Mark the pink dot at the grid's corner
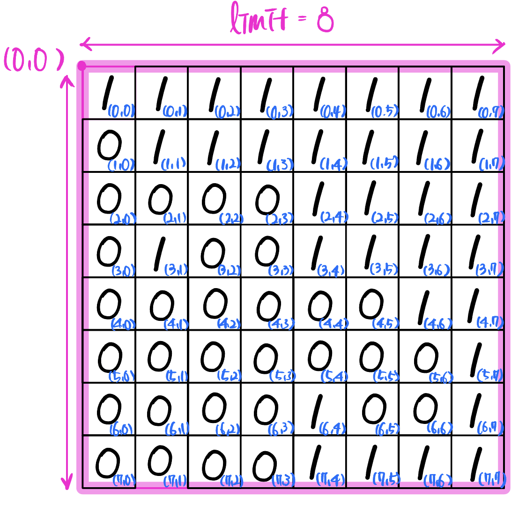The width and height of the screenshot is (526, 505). [x=82, y=66]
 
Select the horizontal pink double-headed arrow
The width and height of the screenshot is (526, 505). [x=292, y=45]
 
